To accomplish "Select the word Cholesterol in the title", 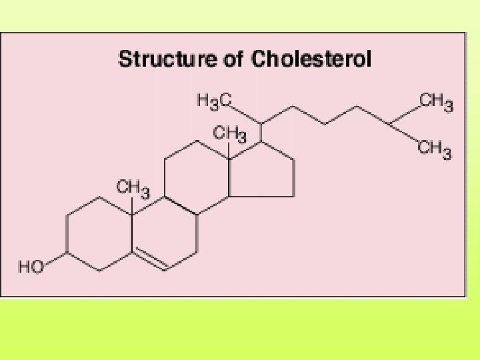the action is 311,59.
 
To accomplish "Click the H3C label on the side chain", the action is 213,101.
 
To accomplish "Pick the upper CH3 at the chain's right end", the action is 436,103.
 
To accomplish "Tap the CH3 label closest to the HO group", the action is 133,187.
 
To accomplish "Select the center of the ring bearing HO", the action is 99,233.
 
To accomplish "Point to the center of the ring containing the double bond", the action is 165,234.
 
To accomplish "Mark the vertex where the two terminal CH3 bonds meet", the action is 388,124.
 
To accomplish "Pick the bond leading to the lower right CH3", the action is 403,133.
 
